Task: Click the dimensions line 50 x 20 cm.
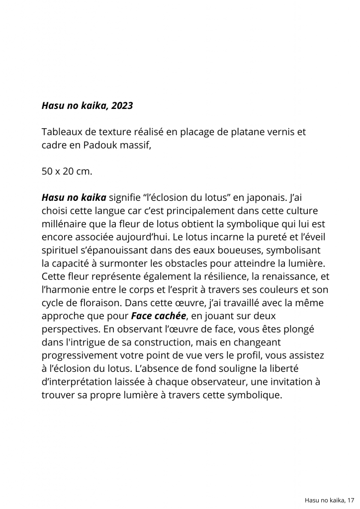pyautogui.click(x=67, y=171)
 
